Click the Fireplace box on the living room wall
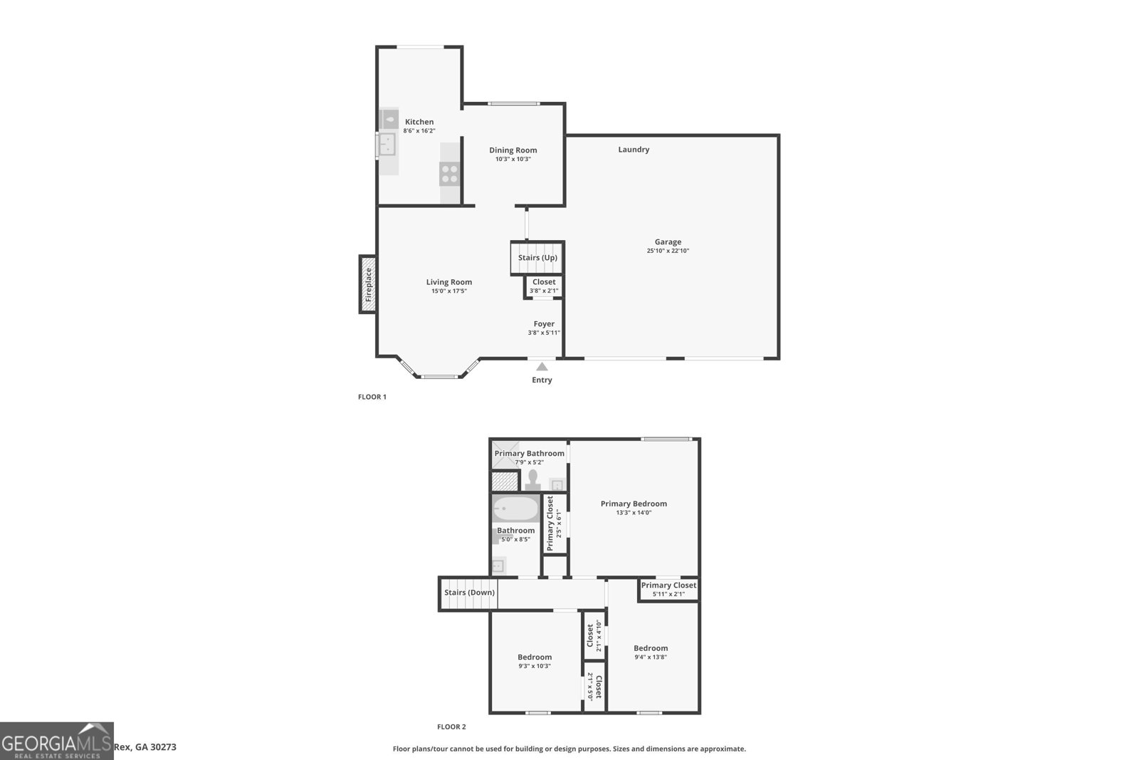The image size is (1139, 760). click(368, 284)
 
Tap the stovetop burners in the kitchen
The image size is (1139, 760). click(449, 173)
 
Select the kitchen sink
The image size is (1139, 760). click(387, 145)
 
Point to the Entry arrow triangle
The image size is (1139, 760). click(542, 367)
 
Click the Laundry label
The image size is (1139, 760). click(634, 150)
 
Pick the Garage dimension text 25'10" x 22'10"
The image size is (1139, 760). click(668, 251)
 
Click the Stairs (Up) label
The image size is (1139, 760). click(537, 258)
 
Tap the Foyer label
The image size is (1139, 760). click(544, 324)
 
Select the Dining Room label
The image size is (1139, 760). click(513, 150)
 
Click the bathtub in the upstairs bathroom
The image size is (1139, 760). click(516, 509)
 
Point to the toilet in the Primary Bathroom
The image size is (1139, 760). click(532, 481)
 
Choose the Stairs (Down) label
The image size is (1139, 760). click(469, 593)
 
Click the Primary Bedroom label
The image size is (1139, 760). click(634, 504)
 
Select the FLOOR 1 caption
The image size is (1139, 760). click(372, 397)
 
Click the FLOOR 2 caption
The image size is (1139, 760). click(451, 727)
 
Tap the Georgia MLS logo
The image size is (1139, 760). click(56, 741)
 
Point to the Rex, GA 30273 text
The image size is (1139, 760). click(145, 747)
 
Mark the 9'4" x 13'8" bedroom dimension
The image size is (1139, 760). click(651, 657)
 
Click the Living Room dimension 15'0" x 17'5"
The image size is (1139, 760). click(448, 291)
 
